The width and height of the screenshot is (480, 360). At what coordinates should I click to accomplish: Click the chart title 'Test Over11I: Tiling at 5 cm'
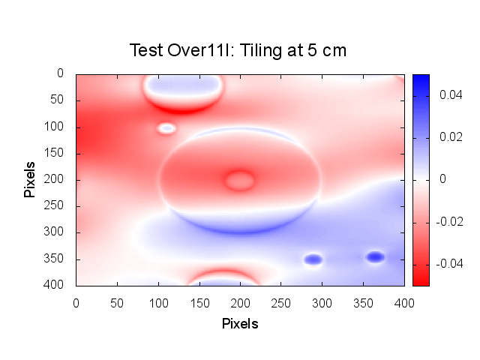[239, 50]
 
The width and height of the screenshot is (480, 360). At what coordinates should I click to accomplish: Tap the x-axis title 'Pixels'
[240, 324]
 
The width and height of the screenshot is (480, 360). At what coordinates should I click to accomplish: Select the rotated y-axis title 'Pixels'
[30, 178]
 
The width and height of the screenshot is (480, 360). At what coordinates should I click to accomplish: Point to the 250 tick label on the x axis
[199, 302]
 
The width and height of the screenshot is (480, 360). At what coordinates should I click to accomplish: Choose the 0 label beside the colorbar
[443, 180]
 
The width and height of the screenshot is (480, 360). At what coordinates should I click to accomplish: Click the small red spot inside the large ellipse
[240, 180]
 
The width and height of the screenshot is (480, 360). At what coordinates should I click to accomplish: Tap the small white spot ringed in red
[166, 128]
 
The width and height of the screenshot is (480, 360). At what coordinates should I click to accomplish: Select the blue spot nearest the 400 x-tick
[375, 257]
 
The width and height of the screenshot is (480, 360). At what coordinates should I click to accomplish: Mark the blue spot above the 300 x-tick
[313, 259]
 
